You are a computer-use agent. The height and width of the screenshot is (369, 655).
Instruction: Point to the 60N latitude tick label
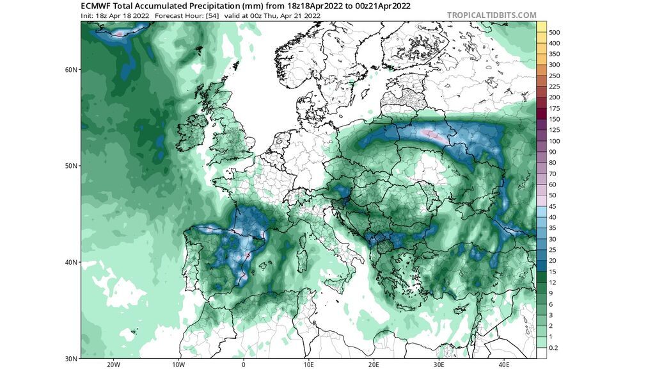[x=71, y=69]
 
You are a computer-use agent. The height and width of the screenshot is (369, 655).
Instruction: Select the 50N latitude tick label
[x=71, y=166]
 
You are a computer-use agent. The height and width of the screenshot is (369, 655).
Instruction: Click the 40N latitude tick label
[x=71, y=262]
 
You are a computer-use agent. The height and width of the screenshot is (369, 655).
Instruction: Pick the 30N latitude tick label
[x=71, y=358]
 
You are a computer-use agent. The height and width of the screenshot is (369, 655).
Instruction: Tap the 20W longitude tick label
[x=113, y=365]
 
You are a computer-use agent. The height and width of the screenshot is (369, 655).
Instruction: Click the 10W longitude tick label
[x=178, y=365]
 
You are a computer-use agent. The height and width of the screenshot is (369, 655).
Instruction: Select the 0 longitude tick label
[x=244, y=365]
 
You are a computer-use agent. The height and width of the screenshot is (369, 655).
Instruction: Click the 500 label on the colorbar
[x=555, y=32]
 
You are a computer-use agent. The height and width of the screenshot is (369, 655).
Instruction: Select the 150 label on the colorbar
[x=555, y=119]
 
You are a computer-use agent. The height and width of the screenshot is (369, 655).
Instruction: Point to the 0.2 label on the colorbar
[x=554, y=348]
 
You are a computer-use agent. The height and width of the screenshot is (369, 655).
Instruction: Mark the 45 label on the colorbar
[x=553, y=206]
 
